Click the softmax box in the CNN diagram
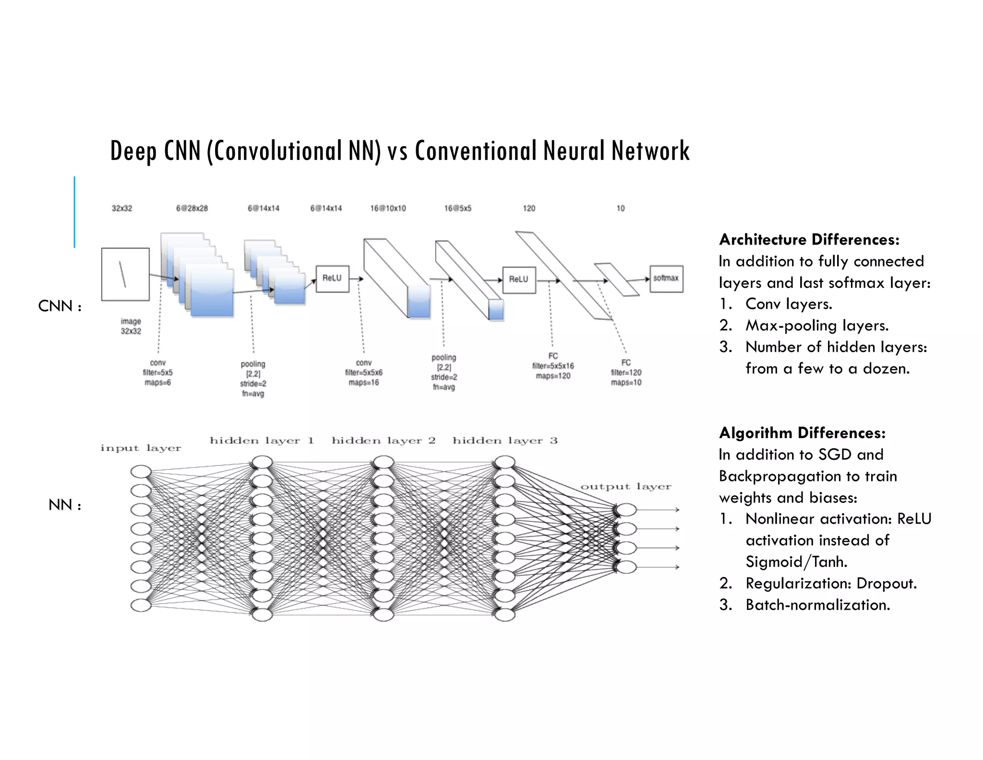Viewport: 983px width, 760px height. [x=666, y=279]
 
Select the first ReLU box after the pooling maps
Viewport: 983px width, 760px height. [x=332, y=279]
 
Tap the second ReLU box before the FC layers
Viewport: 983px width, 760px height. [x=519, y=280]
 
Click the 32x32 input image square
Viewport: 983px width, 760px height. [x=125, y=274]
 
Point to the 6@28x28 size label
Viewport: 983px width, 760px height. [x=192, y=208]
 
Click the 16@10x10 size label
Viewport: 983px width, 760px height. [x=388, y=208]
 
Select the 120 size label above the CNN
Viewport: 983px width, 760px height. [x=529, y=208]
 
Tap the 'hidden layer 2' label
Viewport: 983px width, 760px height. [x=384, y=441]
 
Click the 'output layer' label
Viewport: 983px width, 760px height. [x=625, y=487]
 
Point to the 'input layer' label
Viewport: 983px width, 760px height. [x=141, y=448]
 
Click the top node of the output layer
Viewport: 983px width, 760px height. [x=626, y=510]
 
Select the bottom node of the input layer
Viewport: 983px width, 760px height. [x=141, y=605]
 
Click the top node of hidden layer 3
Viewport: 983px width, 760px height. [x=505, y=463]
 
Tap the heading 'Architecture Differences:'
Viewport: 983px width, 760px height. [x=809, y=239]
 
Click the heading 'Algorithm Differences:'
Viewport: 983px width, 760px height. [x=802, y=433]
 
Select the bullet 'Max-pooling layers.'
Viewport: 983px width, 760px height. [x=817, y=326]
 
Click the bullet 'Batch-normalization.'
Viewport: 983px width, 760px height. [x=817, y=605]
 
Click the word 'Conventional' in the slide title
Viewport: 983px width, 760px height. [x=476, y=151]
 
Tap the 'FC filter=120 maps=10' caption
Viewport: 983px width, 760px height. [x=626, y=372]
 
